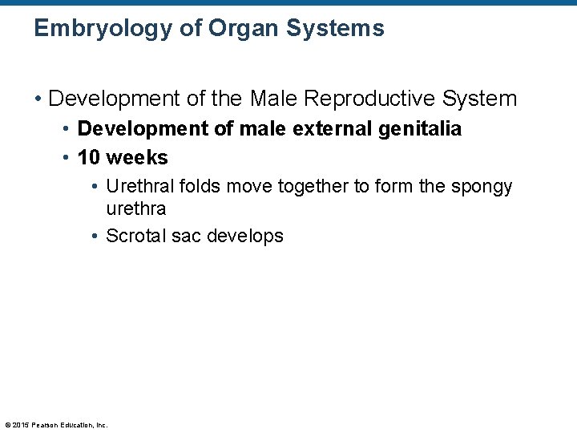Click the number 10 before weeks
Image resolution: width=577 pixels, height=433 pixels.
click(89, 157)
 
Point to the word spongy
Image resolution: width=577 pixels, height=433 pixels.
click(481, 187)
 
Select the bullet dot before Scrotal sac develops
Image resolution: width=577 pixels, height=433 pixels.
click(95, 236)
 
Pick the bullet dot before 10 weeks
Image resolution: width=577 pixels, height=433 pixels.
click(66, 157)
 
